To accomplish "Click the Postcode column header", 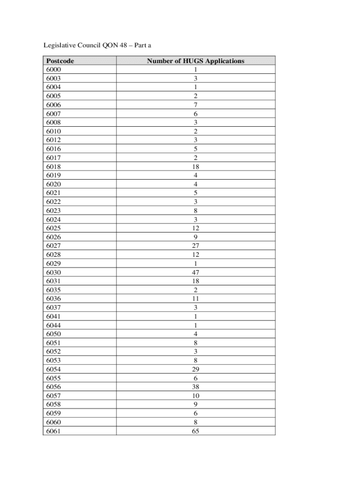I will coord(60,61).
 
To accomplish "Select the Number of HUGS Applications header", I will coord(195,61).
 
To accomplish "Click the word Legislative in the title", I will coord(60,45).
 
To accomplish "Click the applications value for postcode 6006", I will coord(195,105).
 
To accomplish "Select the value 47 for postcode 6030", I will coord(195,272).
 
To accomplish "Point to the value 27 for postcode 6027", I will coord(195,246).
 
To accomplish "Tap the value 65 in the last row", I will coord(195,431).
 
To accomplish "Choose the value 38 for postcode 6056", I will coord(195,387).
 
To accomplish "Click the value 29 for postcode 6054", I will coord(195,369).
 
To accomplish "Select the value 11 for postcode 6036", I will coord(195,298).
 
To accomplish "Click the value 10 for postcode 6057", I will coord(195,396).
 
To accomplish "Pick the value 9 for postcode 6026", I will coord(195,237).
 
